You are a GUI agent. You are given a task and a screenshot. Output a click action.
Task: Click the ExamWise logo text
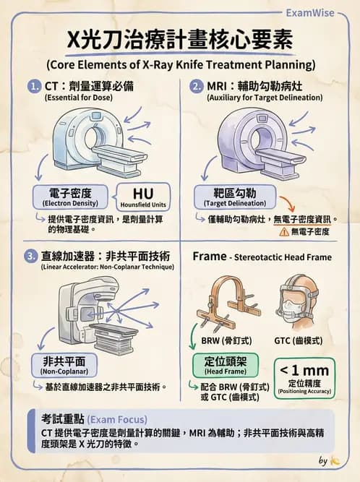coord(310,13)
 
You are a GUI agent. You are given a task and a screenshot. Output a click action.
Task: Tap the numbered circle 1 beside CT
coord(35,86)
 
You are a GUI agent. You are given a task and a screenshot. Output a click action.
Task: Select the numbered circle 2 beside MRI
coord(197,86)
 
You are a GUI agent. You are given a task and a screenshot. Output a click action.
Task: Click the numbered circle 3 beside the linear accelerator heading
coord(31,256)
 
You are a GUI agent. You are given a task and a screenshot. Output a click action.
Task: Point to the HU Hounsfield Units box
coord(143,197)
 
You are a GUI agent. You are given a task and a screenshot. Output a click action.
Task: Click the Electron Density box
coord(70,197)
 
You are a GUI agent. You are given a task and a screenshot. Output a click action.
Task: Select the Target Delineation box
coord(235,197)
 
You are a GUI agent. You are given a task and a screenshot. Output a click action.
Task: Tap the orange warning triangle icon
coord(284,231)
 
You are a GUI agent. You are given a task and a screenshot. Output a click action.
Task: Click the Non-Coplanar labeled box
coord(64,365)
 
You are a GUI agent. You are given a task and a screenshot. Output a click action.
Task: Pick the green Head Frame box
coord(226,365)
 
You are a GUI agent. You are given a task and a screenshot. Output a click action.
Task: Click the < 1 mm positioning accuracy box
coord(304,378)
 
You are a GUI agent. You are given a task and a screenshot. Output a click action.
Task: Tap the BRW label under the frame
coord(226,340)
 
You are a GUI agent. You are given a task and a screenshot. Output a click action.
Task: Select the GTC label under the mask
coord(299,340)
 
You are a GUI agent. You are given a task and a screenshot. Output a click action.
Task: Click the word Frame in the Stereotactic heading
coord(210,256)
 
